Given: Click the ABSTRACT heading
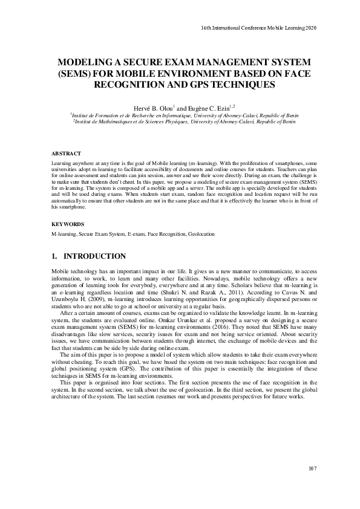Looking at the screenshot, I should click(65, 154).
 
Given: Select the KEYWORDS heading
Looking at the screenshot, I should click(67, 224).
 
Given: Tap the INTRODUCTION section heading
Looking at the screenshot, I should click(95, 256).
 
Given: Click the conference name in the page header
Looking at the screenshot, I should click(258, 28).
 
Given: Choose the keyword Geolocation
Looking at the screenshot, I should click(201, 233).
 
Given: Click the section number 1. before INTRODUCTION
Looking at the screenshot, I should click(54, 256).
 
